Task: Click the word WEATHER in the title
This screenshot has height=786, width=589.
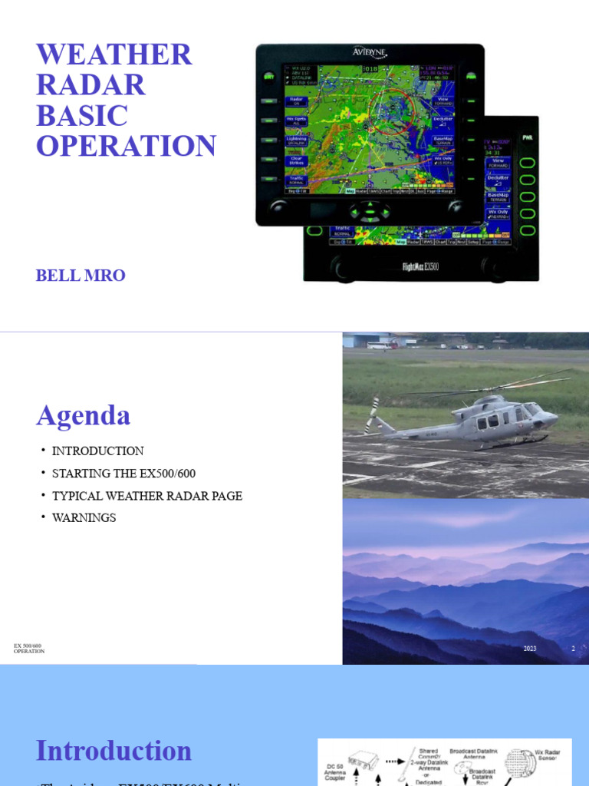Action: point(114,55)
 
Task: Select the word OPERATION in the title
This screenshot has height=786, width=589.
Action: point(127,146)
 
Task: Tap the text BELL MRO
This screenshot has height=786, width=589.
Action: point(81,276)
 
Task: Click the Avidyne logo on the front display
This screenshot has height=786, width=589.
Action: point(370,52)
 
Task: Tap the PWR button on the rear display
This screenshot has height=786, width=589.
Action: point(527,138)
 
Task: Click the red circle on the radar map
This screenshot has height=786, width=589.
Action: point(392,112)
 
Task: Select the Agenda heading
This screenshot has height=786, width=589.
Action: point(83,415)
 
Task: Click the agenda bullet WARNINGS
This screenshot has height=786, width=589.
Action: point(84,518)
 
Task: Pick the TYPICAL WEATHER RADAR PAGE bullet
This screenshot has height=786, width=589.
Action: point(146,496)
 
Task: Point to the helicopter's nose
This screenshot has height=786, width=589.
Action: point(554,418)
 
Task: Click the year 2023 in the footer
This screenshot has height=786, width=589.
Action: point(530,649)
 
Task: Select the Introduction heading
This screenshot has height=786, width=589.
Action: point(114,751)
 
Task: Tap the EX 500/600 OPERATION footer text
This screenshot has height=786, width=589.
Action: point(29,649)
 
